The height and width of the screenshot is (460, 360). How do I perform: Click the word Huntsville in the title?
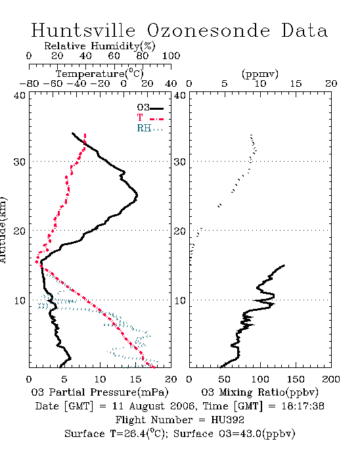[83, 30]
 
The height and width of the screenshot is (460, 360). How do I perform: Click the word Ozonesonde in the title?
[208, 30]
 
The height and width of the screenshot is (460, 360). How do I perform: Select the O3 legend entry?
[150, 108]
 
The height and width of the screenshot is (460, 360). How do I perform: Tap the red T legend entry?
[150, 118]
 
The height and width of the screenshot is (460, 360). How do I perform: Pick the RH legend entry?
[150, 128]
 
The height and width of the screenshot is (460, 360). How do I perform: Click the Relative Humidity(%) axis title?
[100, 46]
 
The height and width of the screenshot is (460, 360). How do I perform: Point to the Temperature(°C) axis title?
[100, 74]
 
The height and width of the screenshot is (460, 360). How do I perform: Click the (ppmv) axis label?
[260, 74]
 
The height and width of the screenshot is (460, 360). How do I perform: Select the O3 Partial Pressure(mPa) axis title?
[100, 392]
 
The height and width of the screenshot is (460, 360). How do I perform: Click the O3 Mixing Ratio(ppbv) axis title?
[259, 392]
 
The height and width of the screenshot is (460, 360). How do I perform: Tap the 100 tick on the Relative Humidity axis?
[171, 56]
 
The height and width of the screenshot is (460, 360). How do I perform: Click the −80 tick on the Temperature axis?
[29, 84]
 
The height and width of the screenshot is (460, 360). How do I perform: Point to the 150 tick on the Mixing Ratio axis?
[296, 379]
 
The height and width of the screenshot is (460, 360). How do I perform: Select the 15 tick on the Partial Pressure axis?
[135, 379]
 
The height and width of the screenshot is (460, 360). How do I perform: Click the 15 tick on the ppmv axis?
[296, 84]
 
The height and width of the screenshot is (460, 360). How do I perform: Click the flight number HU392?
[227, 420]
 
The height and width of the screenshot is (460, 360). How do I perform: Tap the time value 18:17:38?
[303, 406]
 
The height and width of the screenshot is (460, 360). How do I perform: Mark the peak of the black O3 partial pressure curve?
[137, 195]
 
